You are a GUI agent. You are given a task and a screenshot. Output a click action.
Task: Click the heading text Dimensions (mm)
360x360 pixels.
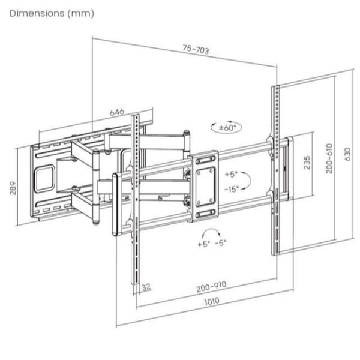[x=52, y=14]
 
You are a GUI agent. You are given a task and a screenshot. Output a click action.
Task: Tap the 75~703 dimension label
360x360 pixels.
[x=196, y=49]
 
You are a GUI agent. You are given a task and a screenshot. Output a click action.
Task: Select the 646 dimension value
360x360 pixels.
[x=117, y=112]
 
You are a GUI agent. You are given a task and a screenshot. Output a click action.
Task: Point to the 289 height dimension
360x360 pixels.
[x=13, y=188]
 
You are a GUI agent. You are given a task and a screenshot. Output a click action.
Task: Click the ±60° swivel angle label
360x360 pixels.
[x=227, y=127]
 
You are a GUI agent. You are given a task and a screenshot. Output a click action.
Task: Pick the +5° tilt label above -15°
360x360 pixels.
[x=231, y=174]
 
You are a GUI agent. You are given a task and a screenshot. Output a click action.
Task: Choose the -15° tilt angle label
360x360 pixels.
[x=232, y=189]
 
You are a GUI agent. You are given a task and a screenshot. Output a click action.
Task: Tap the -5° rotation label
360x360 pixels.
[x=221, y=242]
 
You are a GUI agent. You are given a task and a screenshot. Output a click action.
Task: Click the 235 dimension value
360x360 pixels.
[x=307, y=163]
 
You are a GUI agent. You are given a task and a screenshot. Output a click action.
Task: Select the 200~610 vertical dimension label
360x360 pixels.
[x=329, y=158]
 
